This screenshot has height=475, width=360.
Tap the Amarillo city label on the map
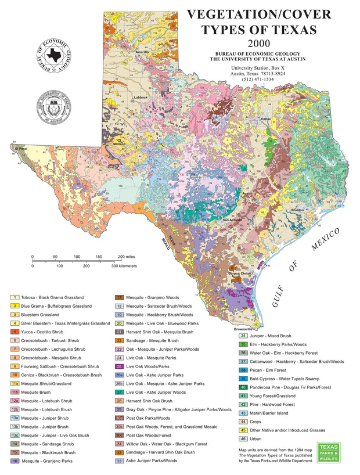142,52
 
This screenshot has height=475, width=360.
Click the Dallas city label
266,119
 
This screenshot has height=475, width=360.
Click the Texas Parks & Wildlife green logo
329,452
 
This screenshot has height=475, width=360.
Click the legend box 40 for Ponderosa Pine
244,387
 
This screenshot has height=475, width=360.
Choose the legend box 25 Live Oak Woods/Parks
119,366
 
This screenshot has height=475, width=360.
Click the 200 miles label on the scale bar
126,256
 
